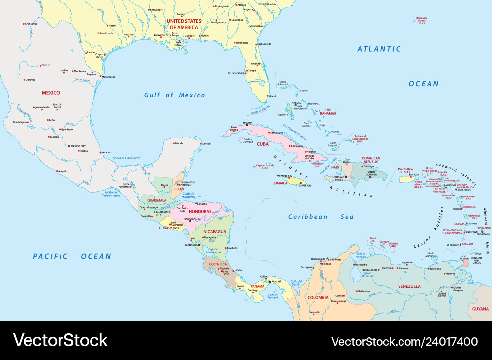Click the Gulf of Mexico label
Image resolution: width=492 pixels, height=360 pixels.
174,95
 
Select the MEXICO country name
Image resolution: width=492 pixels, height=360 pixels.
51,93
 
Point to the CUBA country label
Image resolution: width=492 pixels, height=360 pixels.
262,144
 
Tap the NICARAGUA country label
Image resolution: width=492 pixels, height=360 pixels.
212,231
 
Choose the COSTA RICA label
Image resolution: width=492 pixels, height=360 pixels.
217,264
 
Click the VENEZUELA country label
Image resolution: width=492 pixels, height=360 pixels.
409,286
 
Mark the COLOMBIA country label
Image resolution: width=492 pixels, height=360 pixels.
318,297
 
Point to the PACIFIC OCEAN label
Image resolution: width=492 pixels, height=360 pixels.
72,256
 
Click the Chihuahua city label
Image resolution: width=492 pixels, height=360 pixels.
31,24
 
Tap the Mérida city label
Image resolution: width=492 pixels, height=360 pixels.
179,143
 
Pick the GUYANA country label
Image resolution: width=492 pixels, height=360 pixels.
480,308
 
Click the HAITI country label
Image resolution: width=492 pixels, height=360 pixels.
336,167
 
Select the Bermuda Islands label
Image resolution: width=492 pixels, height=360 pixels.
421,20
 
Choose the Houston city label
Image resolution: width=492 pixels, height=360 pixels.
128,34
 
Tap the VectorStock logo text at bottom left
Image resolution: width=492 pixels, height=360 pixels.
60,340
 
